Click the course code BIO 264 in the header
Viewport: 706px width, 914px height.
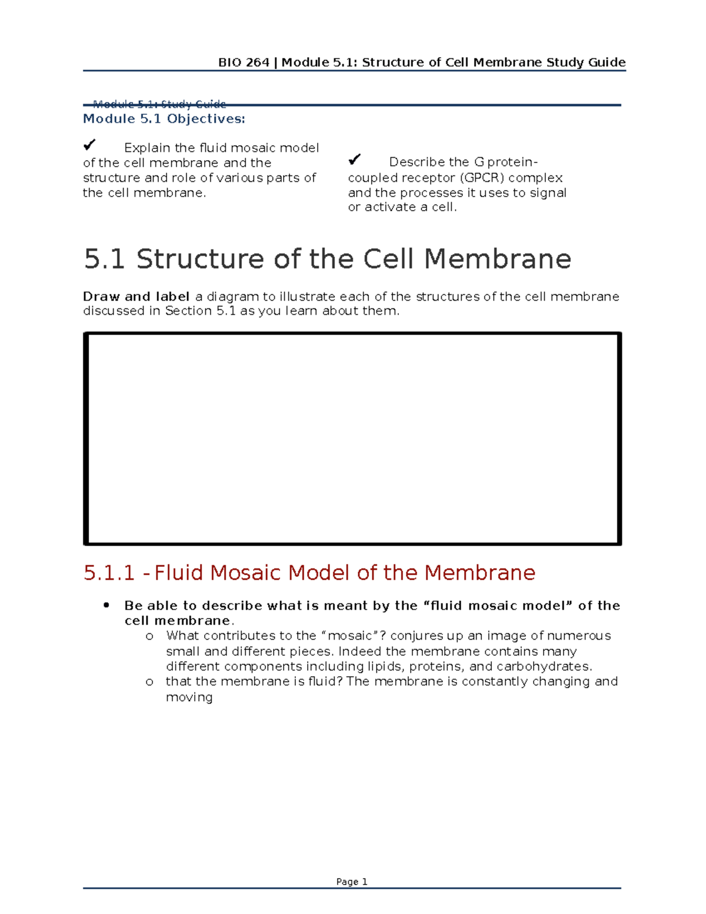[x=244, y=62]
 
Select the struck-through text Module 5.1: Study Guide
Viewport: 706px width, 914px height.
[x=159, y=104]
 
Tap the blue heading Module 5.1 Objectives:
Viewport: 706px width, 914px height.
[x=164, y=119]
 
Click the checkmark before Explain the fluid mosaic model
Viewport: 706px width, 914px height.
[x=89, y=145]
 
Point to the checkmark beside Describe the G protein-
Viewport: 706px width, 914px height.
[x=354, y=159]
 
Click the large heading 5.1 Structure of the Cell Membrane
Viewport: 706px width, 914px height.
[x=327, y=259]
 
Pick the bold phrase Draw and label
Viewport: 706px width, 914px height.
[x=136, y=297]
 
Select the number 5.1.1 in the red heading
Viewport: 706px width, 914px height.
[x=109, y=573]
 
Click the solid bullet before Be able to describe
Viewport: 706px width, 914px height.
[x=106, y=605]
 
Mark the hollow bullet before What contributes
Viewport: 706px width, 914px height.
[x=149, y=636]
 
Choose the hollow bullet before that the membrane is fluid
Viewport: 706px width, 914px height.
[x=149, y=682]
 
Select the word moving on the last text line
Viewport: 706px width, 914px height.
[x=189, y=697]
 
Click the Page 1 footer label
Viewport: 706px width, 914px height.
[x=352, y=882]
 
